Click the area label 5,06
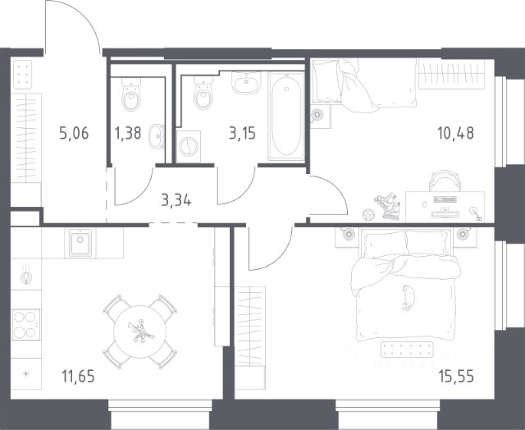click(x=74, y=133)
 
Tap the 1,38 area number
click(x=128, y=133)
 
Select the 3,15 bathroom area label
click(x=243, y=133)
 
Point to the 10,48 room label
click(x=456, y=133)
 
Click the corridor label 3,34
click(x=176, y=200)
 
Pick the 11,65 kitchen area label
click(x=79, y=376)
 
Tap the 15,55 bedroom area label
click(x=456, y=377)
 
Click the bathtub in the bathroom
click(x=286, y=117)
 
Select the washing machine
click(x=189, y=146)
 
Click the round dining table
click(x=140, y=332)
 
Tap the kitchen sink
click(x=80, y=243)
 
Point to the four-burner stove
click(x=25, y=324)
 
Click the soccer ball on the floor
click(x=368, y=213)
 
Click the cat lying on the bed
click(x=409, y=297)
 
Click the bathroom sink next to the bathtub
click(x=246, y=83)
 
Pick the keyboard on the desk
click(x=445, y=199)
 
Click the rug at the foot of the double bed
click(x=407, y=350)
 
